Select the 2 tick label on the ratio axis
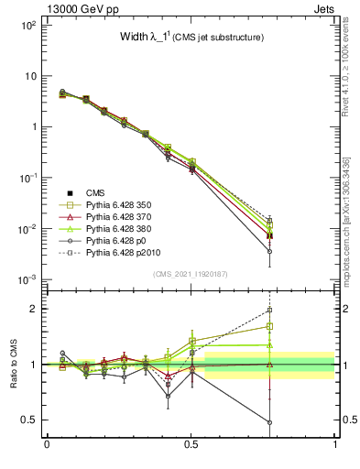tap(37, 309)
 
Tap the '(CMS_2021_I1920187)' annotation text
tap(190, 275)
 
